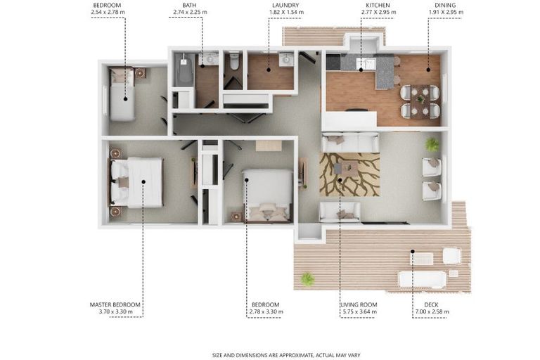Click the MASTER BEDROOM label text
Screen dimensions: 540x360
[x=115, y=304]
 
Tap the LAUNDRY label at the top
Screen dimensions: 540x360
[x=285, y=5]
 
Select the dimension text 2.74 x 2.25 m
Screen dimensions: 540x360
[x=190, y=12]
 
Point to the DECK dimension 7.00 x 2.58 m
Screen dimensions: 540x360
[x=430, y=311]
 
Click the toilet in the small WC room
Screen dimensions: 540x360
[x=235, y=60]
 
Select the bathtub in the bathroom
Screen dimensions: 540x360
[x=184, y=70]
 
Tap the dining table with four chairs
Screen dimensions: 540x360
[x=420, y=102]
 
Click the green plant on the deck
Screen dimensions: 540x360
[x=307, y=278]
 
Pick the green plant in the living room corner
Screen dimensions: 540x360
[x=432, y=144]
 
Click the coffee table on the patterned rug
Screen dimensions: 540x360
[x=346, y=169]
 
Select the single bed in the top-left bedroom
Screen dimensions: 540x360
[x=122, y=94]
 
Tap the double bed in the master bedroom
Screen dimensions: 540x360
[x=136, y=183]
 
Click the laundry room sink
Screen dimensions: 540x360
[x=286, y=60]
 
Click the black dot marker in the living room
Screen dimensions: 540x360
[x=340, y=180]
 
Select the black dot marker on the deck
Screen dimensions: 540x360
[x=413, y=252]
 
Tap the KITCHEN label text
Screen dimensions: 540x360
[x=378, y=5]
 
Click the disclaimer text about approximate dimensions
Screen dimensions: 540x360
[x=286, y=355]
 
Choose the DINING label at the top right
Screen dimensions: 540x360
[x=445, y=5]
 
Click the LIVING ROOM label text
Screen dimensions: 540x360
[x=359, y=304]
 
